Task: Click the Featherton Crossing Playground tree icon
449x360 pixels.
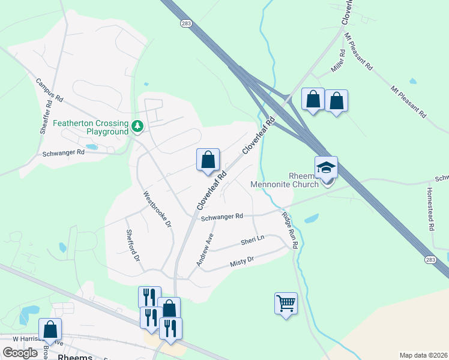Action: (138, 126)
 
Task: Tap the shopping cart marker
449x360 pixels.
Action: (286, 302)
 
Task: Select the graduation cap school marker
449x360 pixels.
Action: (326, 167)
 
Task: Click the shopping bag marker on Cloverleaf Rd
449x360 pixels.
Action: (208, 160)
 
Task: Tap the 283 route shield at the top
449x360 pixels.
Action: (185, 22)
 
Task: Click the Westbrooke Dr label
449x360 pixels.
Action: (157, 209)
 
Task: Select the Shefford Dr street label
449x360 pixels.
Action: (133, 245)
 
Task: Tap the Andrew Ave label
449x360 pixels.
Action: (205, 250)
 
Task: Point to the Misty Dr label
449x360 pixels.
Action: (243, 261)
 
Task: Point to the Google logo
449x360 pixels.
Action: (20, 353)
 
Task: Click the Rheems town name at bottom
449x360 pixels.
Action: (75, 356)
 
